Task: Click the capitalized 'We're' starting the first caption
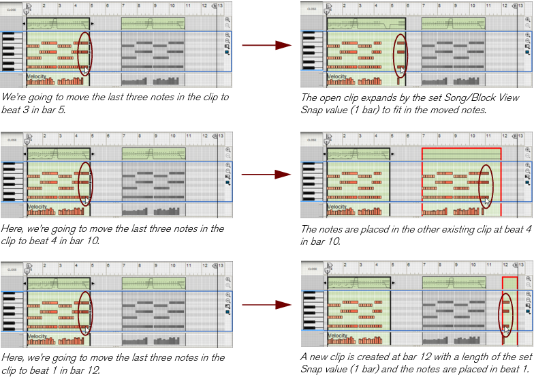click(12, 98)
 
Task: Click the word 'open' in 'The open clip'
click(332, 98)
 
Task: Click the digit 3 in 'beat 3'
click(27, 110)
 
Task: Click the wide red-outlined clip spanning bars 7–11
click(461, 177)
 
